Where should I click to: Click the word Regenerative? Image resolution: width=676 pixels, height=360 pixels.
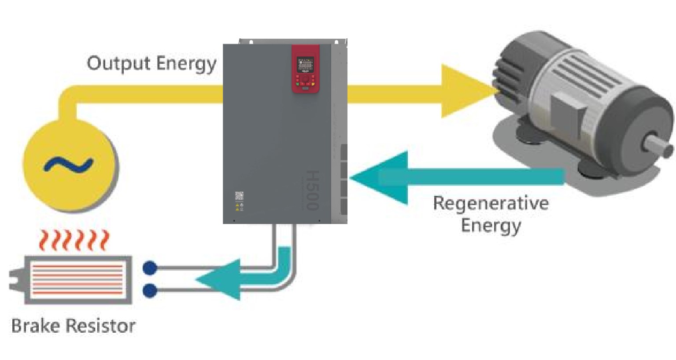(491, 204)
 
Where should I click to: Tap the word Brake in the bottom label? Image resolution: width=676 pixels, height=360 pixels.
(35, 326)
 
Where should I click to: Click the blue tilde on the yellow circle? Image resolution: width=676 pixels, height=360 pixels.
(68, 165)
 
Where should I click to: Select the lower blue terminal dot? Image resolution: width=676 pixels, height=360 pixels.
(150, 290)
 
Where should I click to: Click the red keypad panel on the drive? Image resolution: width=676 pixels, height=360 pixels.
(305, 69)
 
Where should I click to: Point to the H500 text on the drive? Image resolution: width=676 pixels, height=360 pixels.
(312, 190)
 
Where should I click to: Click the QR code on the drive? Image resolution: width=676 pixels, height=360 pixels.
(239, 196)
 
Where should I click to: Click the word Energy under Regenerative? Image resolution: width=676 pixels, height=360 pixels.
(491, 226)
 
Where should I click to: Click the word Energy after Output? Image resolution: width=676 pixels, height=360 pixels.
(186, 63)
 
